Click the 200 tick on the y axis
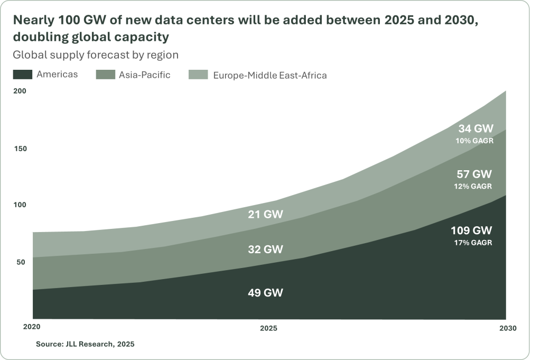20,91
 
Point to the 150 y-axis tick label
20,149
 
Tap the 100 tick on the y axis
20,205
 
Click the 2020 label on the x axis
32,327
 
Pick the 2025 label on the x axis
269,328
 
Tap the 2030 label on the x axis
507,328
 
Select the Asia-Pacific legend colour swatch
105,75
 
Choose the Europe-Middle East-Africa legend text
269,75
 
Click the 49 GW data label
266,292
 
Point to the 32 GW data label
266,249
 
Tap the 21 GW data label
266,214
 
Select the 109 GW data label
471,230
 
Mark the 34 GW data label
474,128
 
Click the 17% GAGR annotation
472,243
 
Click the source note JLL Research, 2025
85,344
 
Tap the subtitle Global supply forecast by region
96,54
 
